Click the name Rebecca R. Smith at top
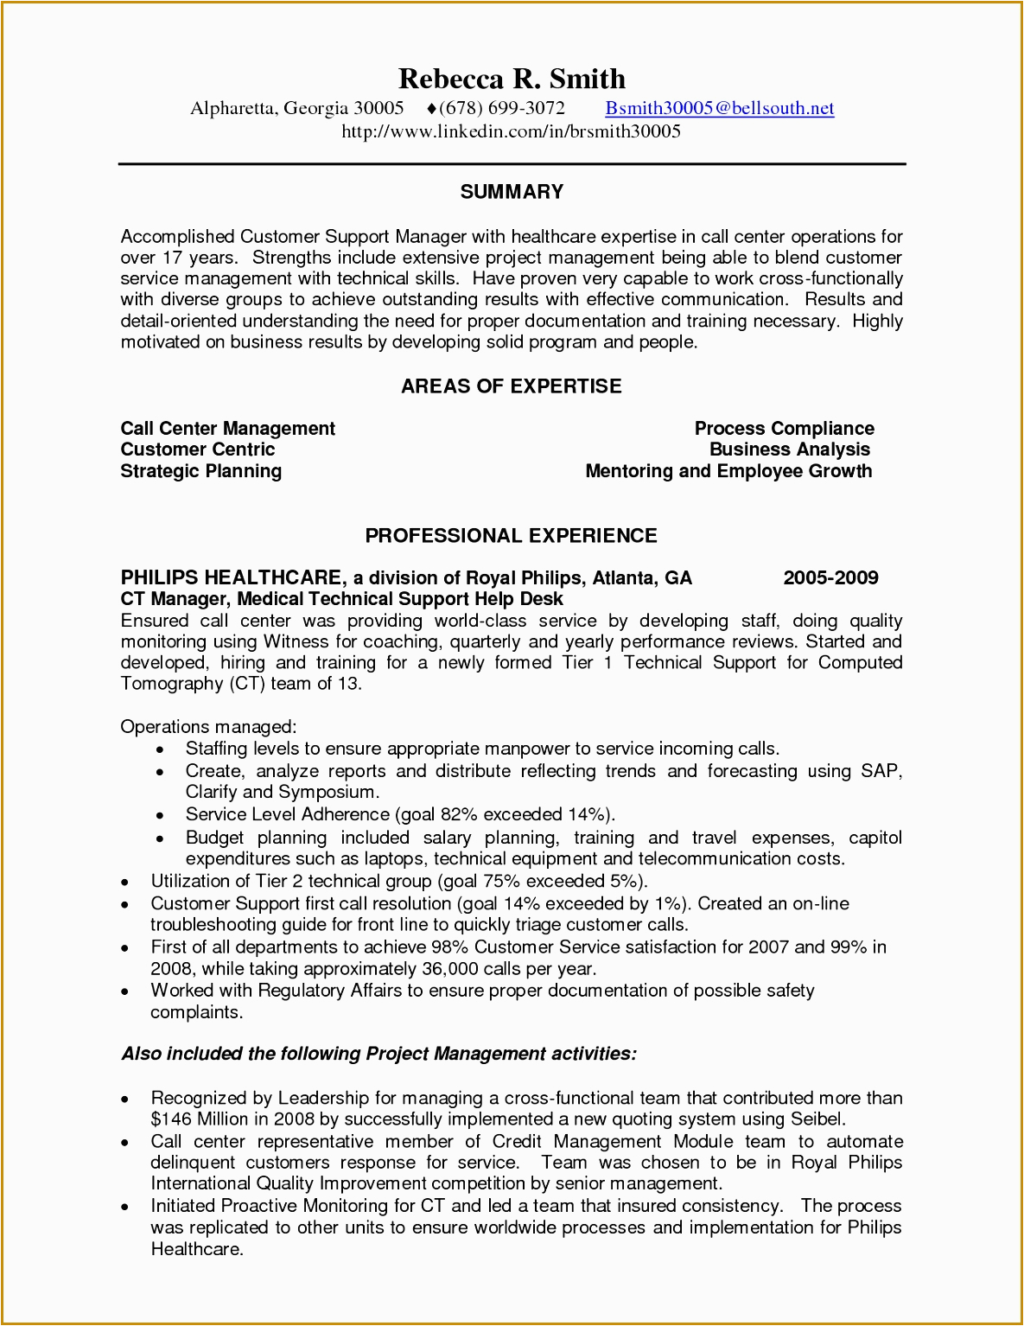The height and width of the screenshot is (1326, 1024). click(x=512, y=79)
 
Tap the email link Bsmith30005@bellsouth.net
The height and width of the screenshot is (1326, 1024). click(x=719, y=108)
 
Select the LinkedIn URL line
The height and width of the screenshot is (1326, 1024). click(x=511, y=131)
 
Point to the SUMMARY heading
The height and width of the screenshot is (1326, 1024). click(x=512, y=192)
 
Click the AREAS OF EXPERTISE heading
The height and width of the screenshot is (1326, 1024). click(x=512, y=386)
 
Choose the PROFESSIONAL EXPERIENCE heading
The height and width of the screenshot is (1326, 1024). click(x=512, y=536)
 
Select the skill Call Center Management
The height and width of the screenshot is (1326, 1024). click(x=228, y=429)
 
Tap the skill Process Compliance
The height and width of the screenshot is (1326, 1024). click(x=784, y=429)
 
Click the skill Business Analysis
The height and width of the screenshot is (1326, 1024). click(x=789, y=449)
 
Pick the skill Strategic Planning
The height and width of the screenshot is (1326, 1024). click(x=201, y=471)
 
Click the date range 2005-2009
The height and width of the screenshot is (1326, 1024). click(x=830, y=578)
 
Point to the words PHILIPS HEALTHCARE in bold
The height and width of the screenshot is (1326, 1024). click(x=232, y=578)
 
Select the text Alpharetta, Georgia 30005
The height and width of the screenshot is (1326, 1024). click(x=297, y=108)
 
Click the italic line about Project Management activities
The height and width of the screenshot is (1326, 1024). click(x=378, y=1054)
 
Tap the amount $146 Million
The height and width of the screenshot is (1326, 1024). click(x=200, y=1119)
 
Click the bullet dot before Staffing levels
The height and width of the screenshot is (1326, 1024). click(x=161, y=750)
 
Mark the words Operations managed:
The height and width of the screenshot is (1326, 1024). click(x=208, y=727)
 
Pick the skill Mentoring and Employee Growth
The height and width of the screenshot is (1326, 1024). click(x=728, y=471)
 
